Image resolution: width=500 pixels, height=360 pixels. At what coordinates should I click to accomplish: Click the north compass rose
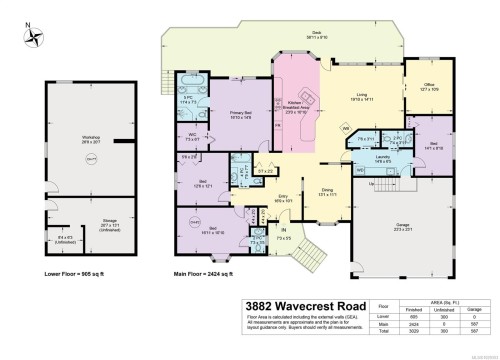pos(36,38)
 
